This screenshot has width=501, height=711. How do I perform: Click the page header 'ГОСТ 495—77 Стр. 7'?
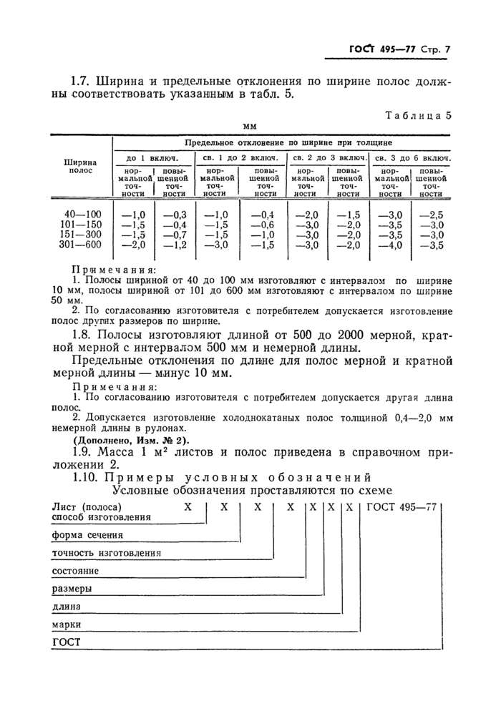click(x=404, y=50)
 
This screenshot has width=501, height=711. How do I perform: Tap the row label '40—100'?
click(x=82, y=214)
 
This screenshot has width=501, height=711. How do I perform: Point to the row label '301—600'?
click(x=82, y=245)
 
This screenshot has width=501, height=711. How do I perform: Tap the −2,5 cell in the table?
click(x=432, y=214)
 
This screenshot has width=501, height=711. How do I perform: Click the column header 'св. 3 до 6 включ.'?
click(x=412, y=157)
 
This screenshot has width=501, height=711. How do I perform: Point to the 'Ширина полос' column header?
click(x=82, y=167)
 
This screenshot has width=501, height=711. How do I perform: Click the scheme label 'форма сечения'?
click(x=87, y=535)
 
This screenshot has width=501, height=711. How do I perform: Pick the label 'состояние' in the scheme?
click(x=76, y=572)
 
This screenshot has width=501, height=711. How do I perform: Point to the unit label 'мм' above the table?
click(x=250, y=127)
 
